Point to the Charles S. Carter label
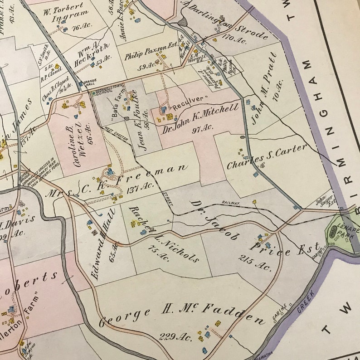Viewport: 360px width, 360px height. coord(267,156)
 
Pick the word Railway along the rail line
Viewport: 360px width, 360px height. coord(230,204)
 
